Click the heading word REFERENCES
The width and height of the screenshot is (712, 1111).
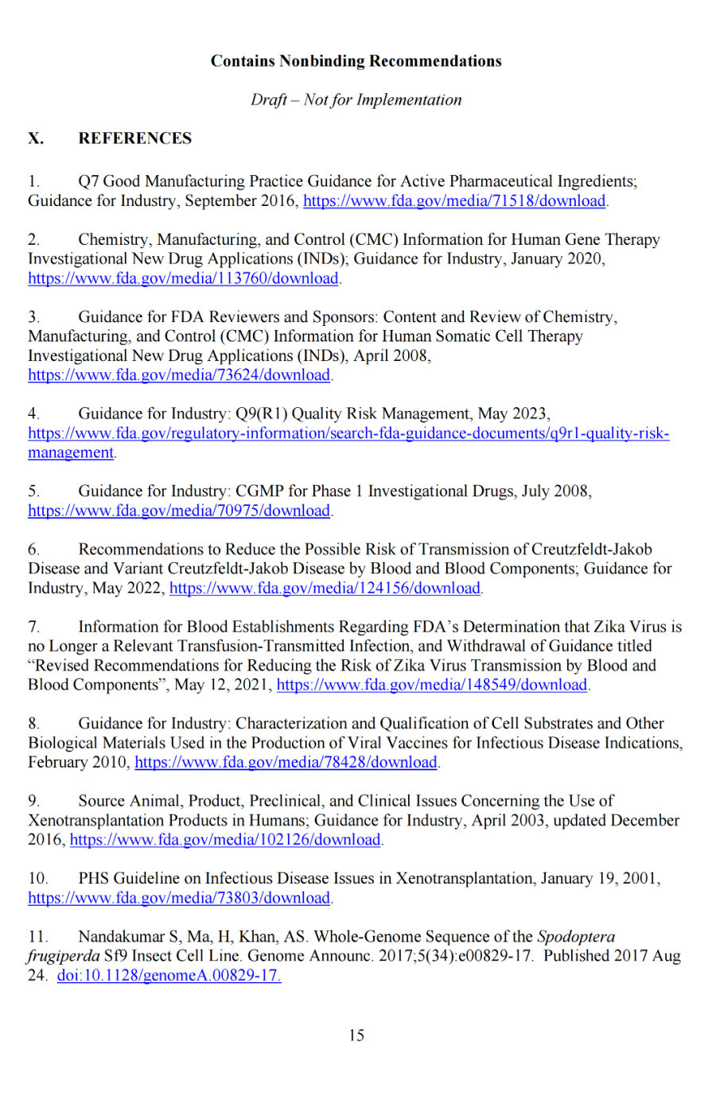(134, 138)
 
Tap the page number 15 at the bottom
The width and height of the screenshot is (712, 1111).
(356, 1035)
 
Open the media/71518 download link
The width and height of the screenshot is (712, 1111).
(454, 200)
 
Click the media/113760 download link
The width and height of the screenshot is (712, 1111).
(184, 278)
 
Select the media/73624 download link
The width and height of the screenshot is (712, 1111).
(179, 375)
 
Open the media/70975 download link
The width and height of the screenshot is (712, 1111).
(179, 511)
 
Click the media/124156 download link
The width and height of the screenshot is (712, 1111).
(325, 589)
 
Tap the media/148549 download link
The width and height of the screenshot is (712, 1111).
(432, 685)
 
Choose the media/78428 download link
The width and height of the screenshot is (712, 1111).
(286, 762)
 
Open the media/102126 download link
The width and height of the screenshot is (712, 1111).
(226, 840)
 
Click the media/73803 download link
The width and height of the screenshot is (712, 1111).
(179, 898)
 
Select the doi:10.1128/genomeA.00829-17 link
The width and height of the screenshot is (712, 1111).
(169, 976)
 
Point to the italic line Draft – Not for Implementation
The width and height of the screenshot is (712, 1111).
(356, 100)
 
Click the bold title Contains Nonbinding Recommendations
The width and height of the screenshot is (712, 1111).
(356, 61)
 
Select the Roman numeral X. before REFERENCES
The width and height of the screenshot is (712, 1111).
(36, 138)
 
